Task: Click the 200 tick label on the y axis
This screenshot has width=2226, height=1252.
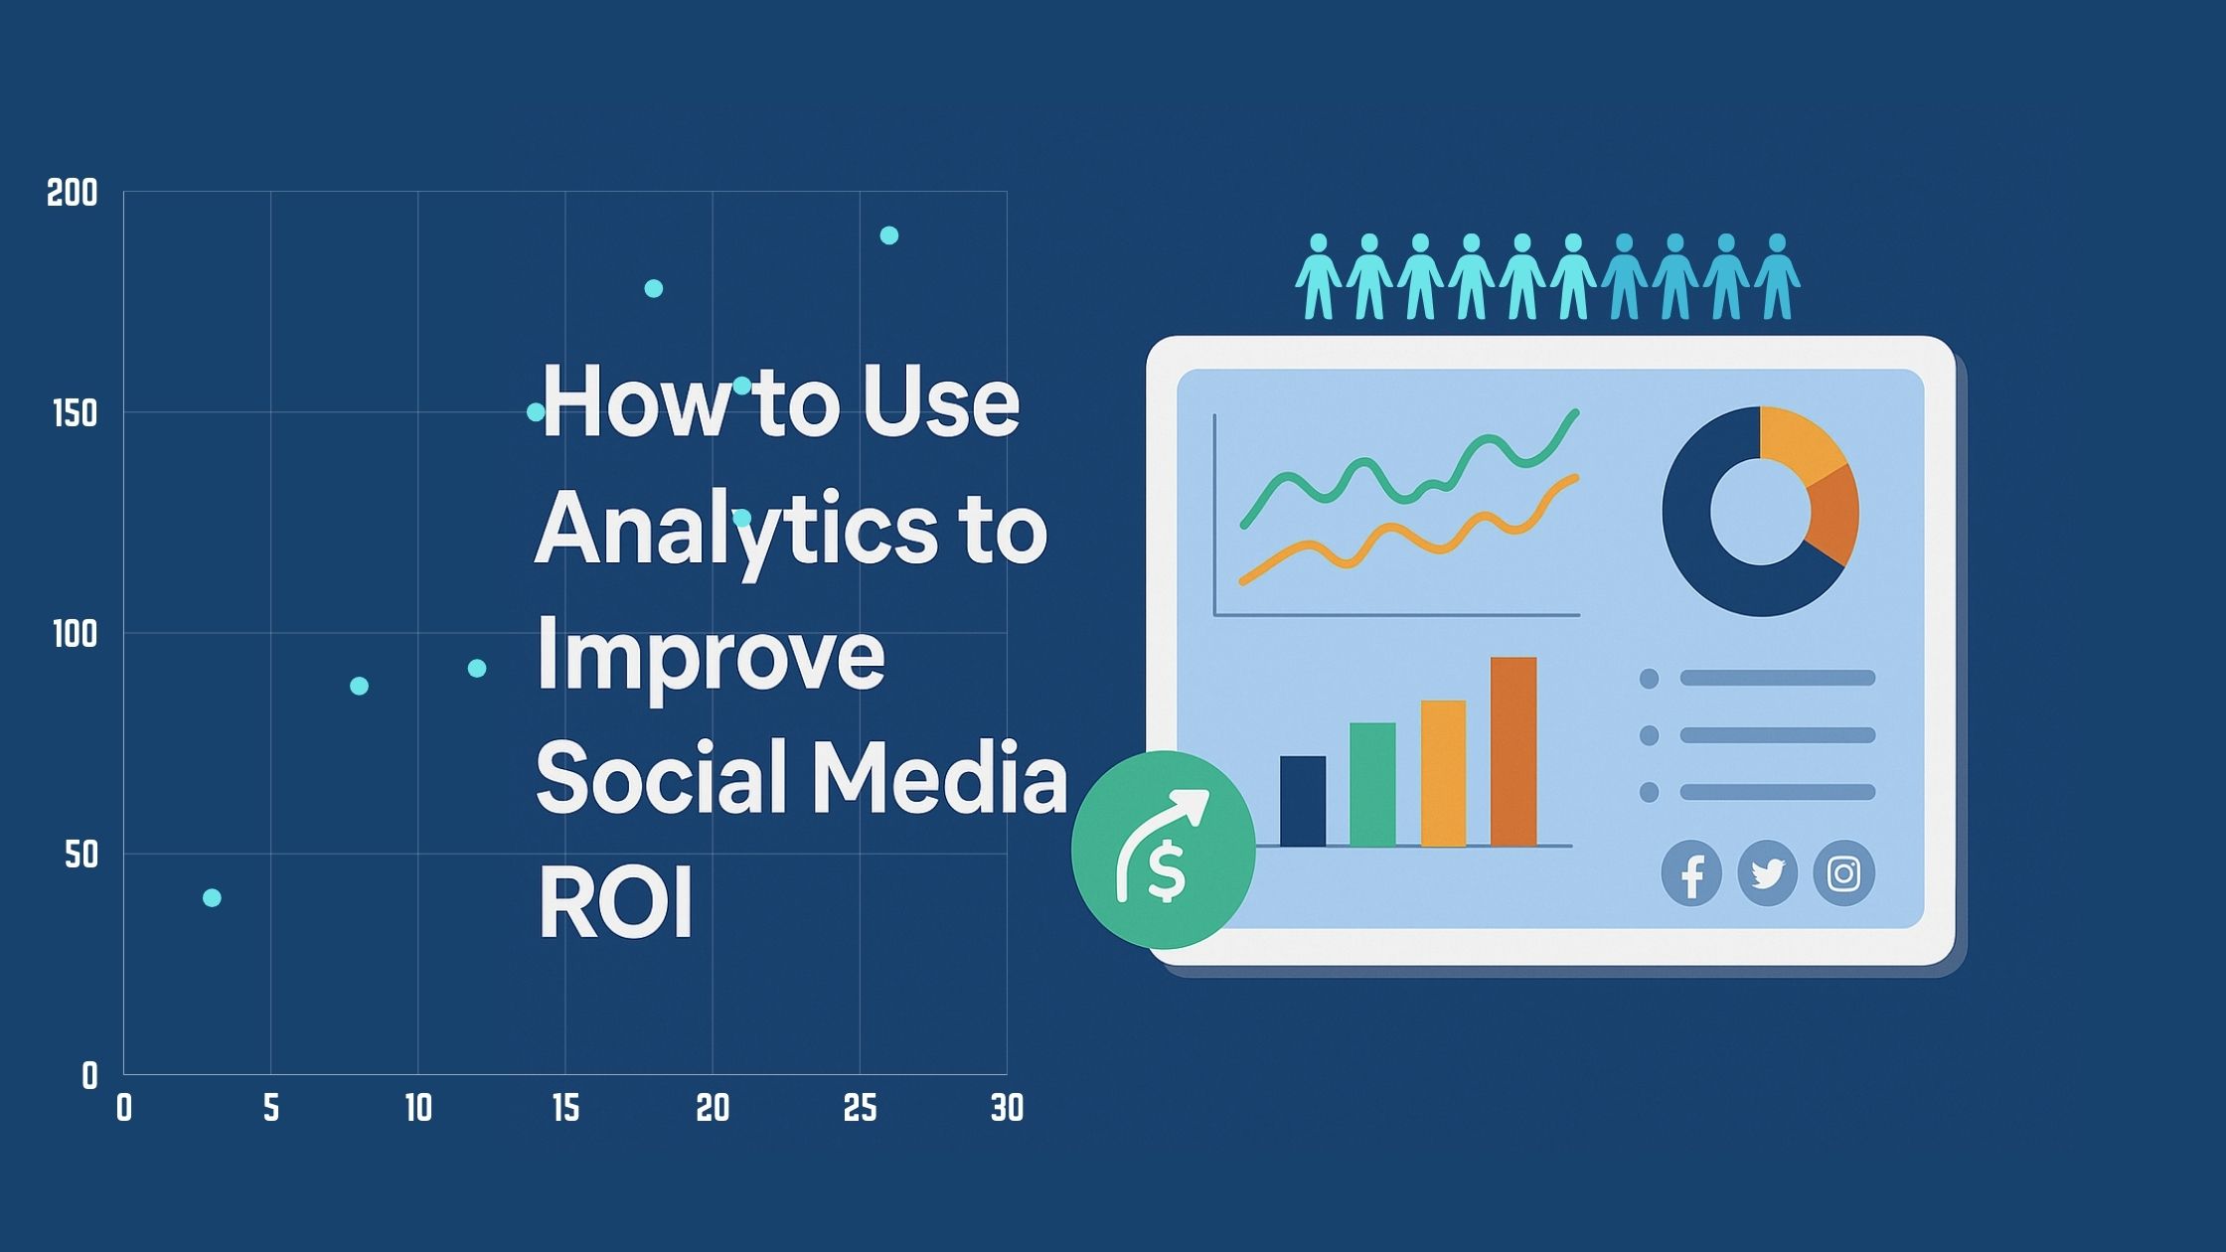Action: click(x=73, y=193)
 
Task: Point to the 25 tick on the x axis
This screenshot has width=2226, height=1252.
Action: click(x=860, y=1108)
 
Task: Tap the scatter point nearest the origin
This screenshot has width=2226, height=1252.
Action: click(x=212, y=898)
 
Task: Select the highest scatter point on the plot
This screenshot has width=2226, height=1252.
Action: click(x=889, y=235)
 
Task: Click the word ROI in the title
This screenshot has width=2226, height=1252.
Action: click(x=615, y=903)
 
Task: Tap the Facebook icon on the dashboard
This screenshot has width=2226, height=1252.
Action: click(x=1691, y=873)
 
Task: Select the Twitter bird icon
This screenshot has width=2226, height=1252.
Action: click(x=1768, y=873)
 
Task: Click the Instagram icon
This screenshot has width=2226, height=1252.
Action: click(x=1844, y=873)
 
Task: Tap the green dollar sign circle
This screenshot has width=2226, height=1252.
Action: click(x=1164, y=851)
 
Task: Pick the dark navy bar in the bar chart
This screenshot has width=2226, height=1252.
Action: click(x=1302, y=801)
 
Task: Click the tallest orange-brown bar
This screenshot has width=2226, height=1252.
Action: click(x=1513, y=751)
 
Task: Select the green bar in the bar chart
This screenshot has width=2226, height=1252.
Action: click(x=1372, y=784)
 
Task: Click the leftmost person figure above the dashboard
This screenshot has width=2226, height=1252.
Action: click(x=1319, y=277)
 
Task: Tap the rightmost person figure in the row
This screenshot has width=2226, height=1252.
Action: click(x=1778, y=277)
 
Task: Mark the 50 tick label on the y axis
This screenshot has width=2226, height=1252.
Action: click(x=81, y=855)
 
